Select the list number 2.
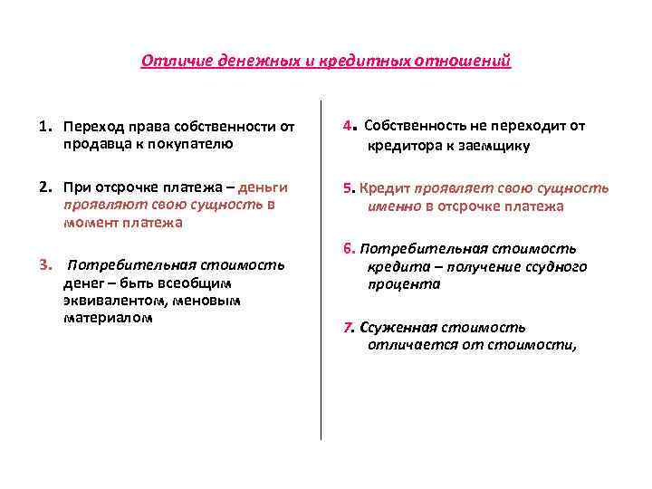(43, 187)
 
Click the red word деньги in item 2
(264, 187)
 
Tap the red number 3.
(43, 265)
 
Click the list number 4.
(348, 126)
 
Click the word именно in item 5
(394, 206)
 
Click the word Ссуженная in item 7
(397, 328)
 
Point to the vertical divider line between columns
(321, 272)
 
